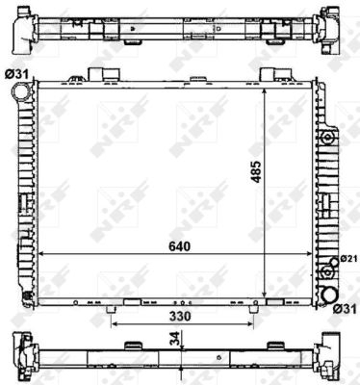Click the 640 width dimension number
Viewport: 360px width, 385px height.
tap(180, 246)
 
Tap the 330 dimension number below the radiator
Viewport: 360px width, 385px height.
tap(180, 317)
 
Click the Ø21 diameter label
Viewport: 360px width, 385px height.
tap(348, 259)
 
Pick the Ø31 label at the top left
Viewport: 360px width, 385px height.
tap(16, 75)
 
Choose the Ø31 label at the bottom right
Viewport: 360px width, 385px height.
tap(345, 309)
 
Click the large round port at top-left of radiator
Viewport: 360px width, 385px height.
tap(20, 91)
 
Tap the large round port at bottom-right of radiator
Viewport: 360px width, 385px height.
tap(330, 295)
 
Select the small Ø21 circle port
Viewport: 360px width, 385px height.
tap(334, 262)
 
